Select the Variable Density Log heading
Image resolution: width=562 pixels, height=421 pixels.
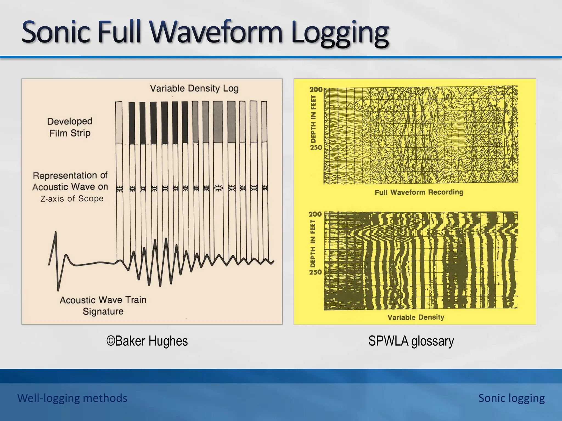[194, 89]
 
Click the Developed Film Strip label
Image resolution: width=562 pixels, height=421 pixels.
[70, 127]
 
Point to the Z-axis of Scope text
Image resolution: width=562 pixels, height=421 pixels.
[72, 199]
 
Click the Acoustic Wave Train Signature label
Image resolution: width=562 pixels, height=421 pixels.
[103, 306]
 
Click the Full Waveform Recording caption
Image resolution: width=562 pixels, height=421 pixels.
[419, 192]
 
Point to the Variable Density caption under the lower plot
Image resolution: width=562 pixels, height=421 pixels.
[416, 317]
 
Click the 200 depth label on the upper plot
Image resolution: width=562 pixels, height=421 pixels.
[316, 90]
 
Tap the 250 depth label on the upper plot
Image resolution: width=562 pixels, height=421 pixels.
[316, 147]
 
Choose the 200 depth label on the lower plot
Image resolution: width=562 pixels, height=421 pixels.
[315, 214]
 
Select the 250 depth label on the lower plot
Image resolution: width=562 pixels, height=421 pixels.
[315, 272]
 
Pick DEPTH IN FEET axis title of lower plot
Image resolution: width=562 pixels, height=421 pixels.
[313, 243]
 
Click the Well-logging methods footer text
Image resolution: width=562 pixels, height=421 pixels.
[72, 398]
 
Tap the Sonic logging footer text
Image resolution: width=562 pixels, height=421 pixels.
[512, 398]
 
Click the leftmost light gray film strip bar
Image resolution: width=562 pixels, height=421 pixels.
[119, 122]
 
